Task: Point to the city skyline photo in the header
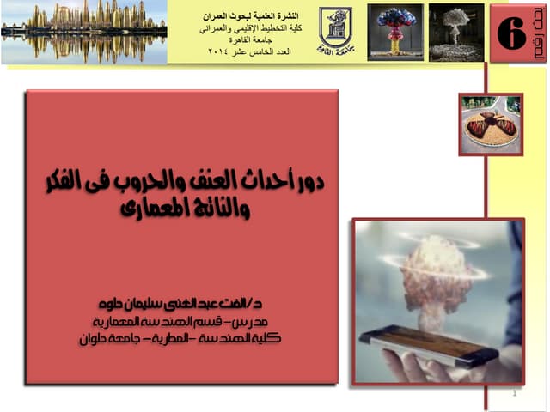83,32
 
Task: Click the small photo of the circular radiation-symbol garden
491,124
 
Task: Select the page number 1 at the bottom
513,394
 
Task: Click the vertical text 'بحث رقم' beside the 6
538,38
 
